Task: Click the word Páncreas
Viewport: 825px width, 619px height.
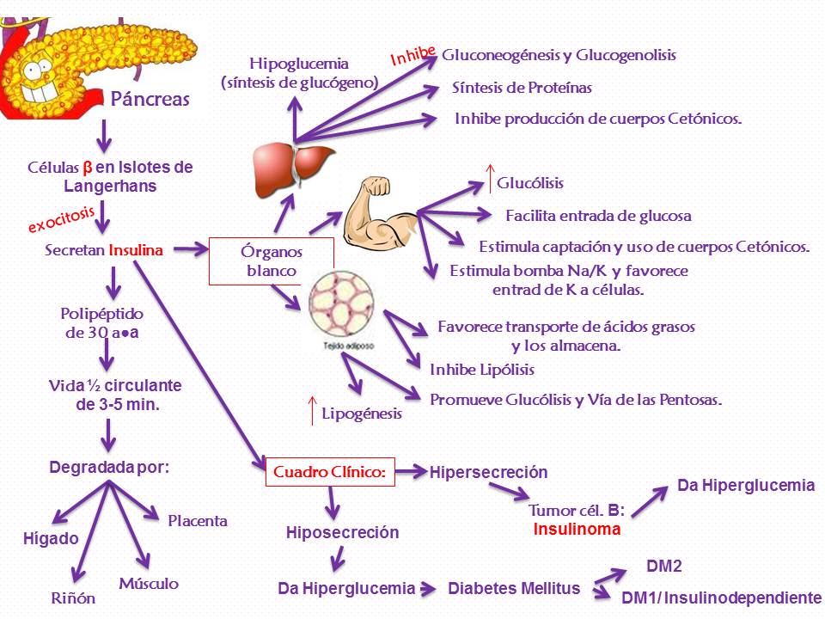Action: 150,100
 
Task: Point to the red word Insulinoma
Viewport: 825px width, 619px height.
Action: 577,530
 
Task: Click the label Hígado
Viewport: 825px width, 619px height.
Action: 50,539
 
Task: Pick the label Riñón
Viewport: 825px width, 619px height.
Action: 72,598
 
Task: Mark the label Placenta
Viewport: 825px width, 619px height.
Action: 198,521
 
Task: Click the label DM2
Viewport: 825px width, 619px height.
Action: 663,566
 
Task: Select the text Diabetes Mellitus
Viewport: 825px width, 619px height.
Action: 514,589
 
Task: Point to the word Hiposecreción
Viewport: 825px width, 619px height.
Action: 342,533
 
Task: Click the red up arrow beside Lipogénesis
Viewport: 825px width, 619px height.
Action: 313,411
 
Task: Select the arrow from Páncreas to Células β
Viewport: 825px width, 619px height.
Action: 104,133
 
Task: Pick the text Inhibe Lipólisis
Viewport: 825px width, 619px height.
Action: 482,370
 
